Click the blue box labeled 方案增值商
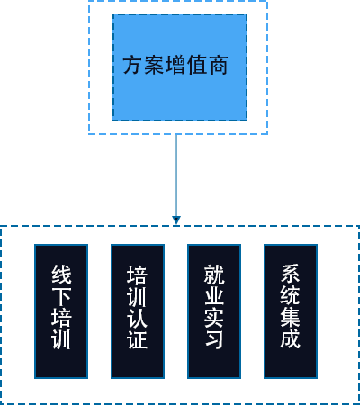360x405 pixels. [180, 67]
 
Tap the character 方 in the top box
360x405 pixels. [132, 65]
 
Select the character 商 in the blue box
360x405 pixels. [219, 65]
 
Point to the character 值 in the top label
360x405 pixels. [197, 65]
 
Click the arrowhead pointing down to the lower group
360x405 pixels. [176, 220]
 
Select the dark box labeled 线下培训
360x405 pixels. [61, 311]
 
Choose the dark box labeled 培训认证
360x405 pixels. [138, 311]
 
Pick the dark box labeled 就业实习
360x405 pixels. [214, 311]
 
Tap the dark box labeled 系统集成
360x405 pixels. [291, 311]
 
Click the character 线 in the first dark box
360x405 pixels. [61, 274]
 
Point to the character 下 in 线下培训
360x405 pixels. [61, 296]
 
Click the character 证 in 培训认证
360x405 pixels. [138, 339]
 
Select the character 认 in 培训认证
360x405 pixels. [138, 318]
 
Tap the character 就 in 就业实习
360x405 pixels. [214, 274]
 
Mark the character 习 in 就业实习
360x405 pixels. [214, 339]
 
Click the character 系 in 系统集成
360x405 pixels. [291, 274]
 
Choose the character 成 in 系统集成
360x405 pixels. [291, 338]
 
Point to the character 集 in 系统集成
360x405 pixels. [291, 317]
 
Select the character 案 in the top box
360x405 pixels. [154, 65]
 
